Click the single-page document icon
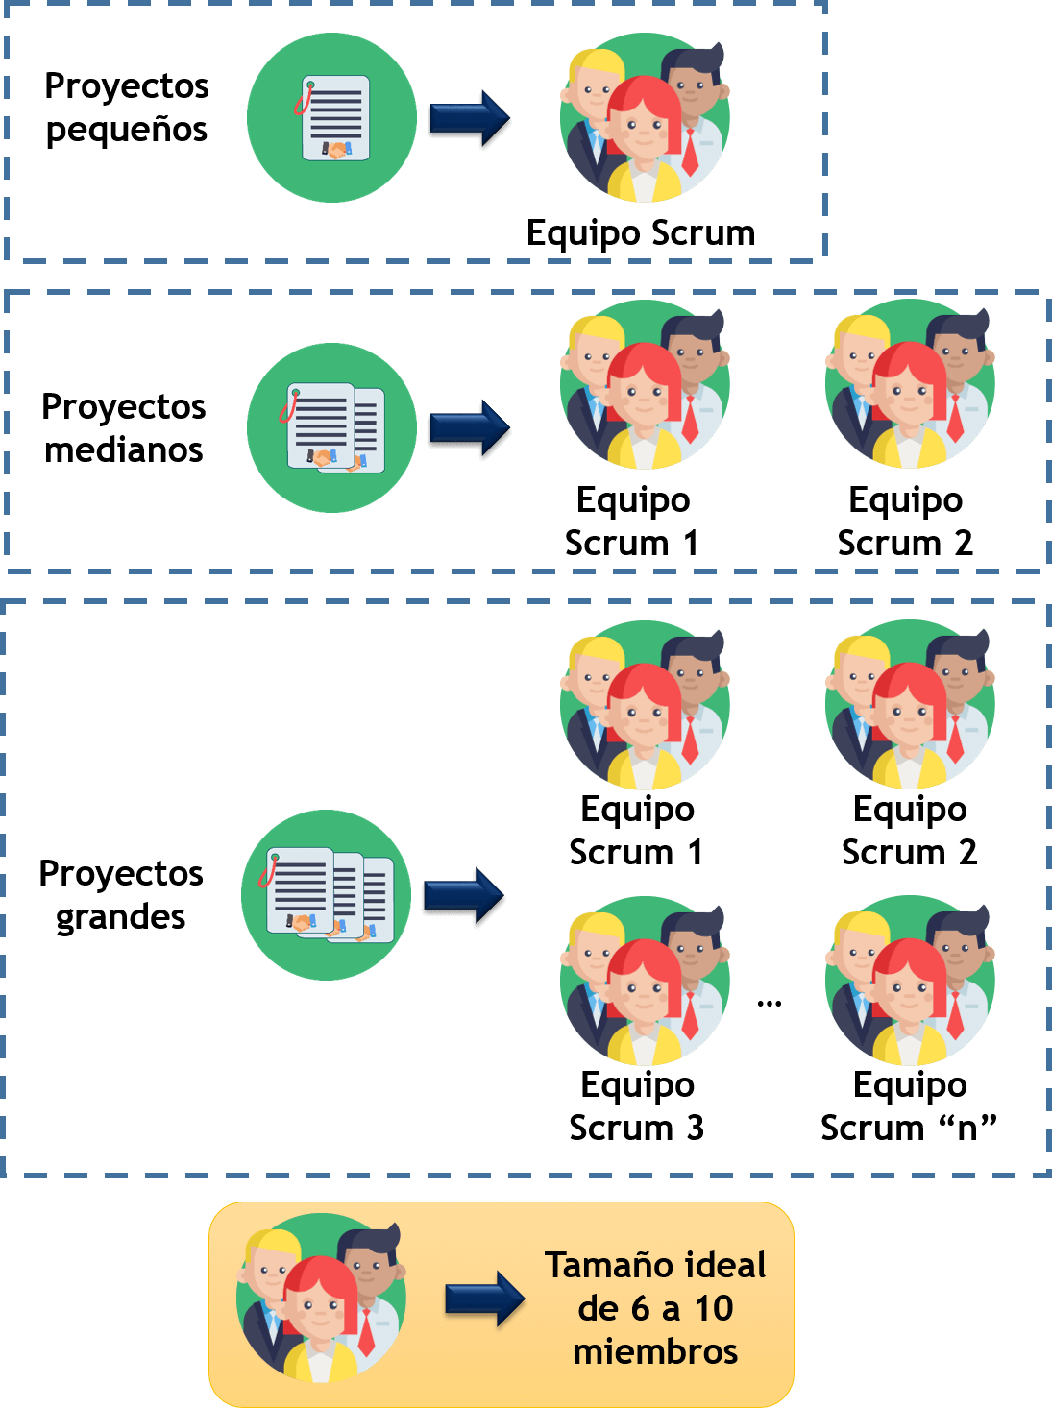332,118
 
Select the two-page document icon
332,427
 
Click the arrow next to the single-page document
470,120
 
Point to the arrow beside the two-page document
470,429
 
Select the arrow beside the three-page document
464,897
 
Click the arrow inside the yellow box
485,1299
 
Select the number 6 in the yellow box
640,1308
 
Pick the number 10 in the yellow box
714,1308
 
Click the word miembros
655,1351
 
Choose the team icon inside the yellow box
321,1299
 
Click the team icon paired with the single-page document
645,118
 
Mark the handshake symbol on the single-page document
336,150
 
